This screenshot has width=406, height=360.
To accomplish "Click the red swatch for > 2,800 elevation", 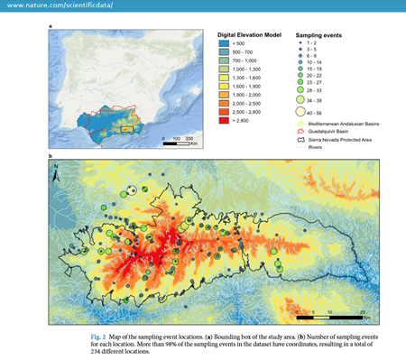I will point(226,117).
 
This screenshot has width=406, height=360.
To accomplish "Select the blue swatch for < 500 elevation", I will point(226,43).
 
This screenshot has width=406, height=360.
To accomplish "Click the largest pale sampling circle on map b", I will point(132,190).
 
